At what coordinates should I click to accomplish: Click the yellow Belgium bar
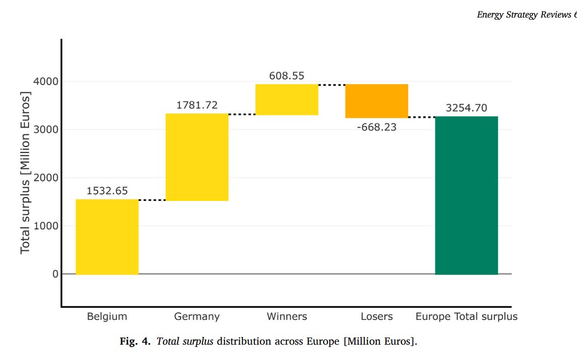(107, 237)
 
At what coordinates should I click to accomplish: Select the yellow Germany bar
(197, 157)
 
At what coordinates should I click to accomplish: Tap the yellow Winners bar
(287, 99)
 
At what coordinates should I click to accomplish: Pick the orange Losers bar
(376, 101)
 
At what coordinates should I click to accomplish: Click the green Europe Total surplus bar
(466, 195)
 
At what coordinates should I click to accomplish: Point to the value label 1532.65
(107, 191)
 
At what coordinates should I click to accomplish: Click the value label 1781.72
(197, 105)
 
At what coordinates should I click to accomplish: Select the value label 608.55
(286, 76)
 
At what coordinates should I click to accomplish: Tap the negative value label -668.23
(376, 128)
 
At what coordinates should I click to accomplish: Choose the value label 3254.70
(466, 108)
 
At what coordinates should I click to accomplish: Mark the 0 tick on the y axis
(55, 274)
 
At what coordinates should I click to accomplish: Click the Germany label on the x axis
(197, 317)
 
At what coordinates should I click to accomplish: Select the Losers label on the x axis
(377, 317)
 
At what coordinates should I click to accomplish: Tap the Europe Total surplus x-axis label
(466, 317)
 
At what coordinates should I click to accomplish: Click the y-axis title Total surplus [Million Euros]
(25, 172)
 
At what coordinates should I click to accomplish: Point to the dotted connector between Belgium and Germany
(152, 200)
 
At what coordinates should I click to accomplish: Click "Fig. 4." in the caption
(135, 341)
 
